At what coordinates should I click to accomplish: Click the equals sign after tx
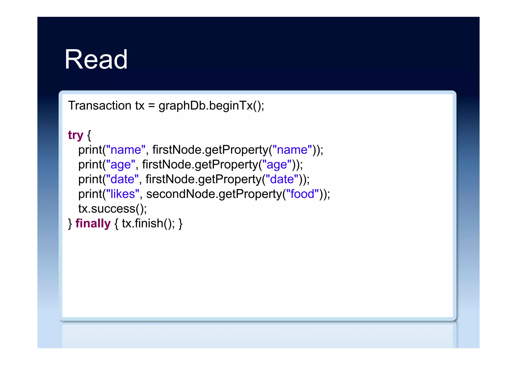(x=151, y=105)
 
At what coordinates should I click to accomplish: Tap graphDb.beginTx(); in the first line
(x=211, y=105)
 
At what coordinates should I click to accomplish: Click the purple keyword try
(x=75, y=135)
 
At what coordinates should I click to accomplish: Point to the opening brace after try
(x=89, y=135)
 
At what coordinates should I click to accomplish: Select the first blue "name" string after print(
(x=126, y=150)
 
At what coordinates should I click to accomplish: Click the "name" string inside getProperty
(x=292, y=150)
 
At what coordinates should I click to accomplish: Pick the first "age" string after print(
(x=121, y=164)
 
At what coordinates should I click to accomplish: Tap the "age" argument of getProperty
(x=277, y=164)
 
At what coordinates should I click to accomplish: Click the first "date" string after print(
(x=122, y=179)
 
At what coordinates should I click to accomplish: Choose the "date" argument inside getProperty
(x=282, y=179)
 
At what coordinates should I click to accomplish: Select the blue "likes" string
(x=123, y=194)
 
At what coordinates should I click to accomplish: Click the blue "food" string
(x=302, y=194)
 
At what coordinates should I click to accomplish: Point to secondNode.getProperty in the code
(x=214, y=194)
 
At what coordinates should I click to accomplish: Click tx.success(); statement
(x=113, y=209)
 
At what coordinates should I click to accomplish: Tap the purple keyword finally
(x=93, y=223)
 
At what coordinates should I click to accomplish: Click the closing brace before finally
(x=70, y=223)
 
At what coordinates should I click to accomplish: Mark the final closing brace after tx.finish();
(x=180, y=223)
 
